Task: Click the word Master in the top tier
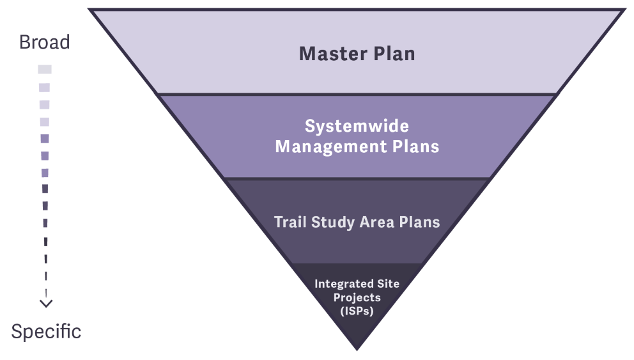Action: click(329, 54)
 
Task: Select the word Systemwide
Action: click(357, 126)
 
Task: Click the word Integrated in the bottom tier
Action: click(344, 283)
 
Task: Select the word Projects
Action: click(357, 297)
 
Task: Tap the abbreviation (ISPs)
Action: click(357, 311)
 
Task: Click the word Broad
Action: click(44, 43)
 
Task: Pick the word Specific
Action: click(46, 332)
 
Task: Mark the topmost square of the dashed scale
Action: click(45, 69)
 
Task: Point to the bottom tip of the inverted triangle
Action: click(357, 348)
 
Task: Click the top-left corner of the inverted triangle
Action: click(91, 10)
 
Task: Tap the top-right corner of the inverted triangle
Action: click(622, 10)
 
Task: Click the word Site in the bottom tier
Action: click(387, 283)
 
